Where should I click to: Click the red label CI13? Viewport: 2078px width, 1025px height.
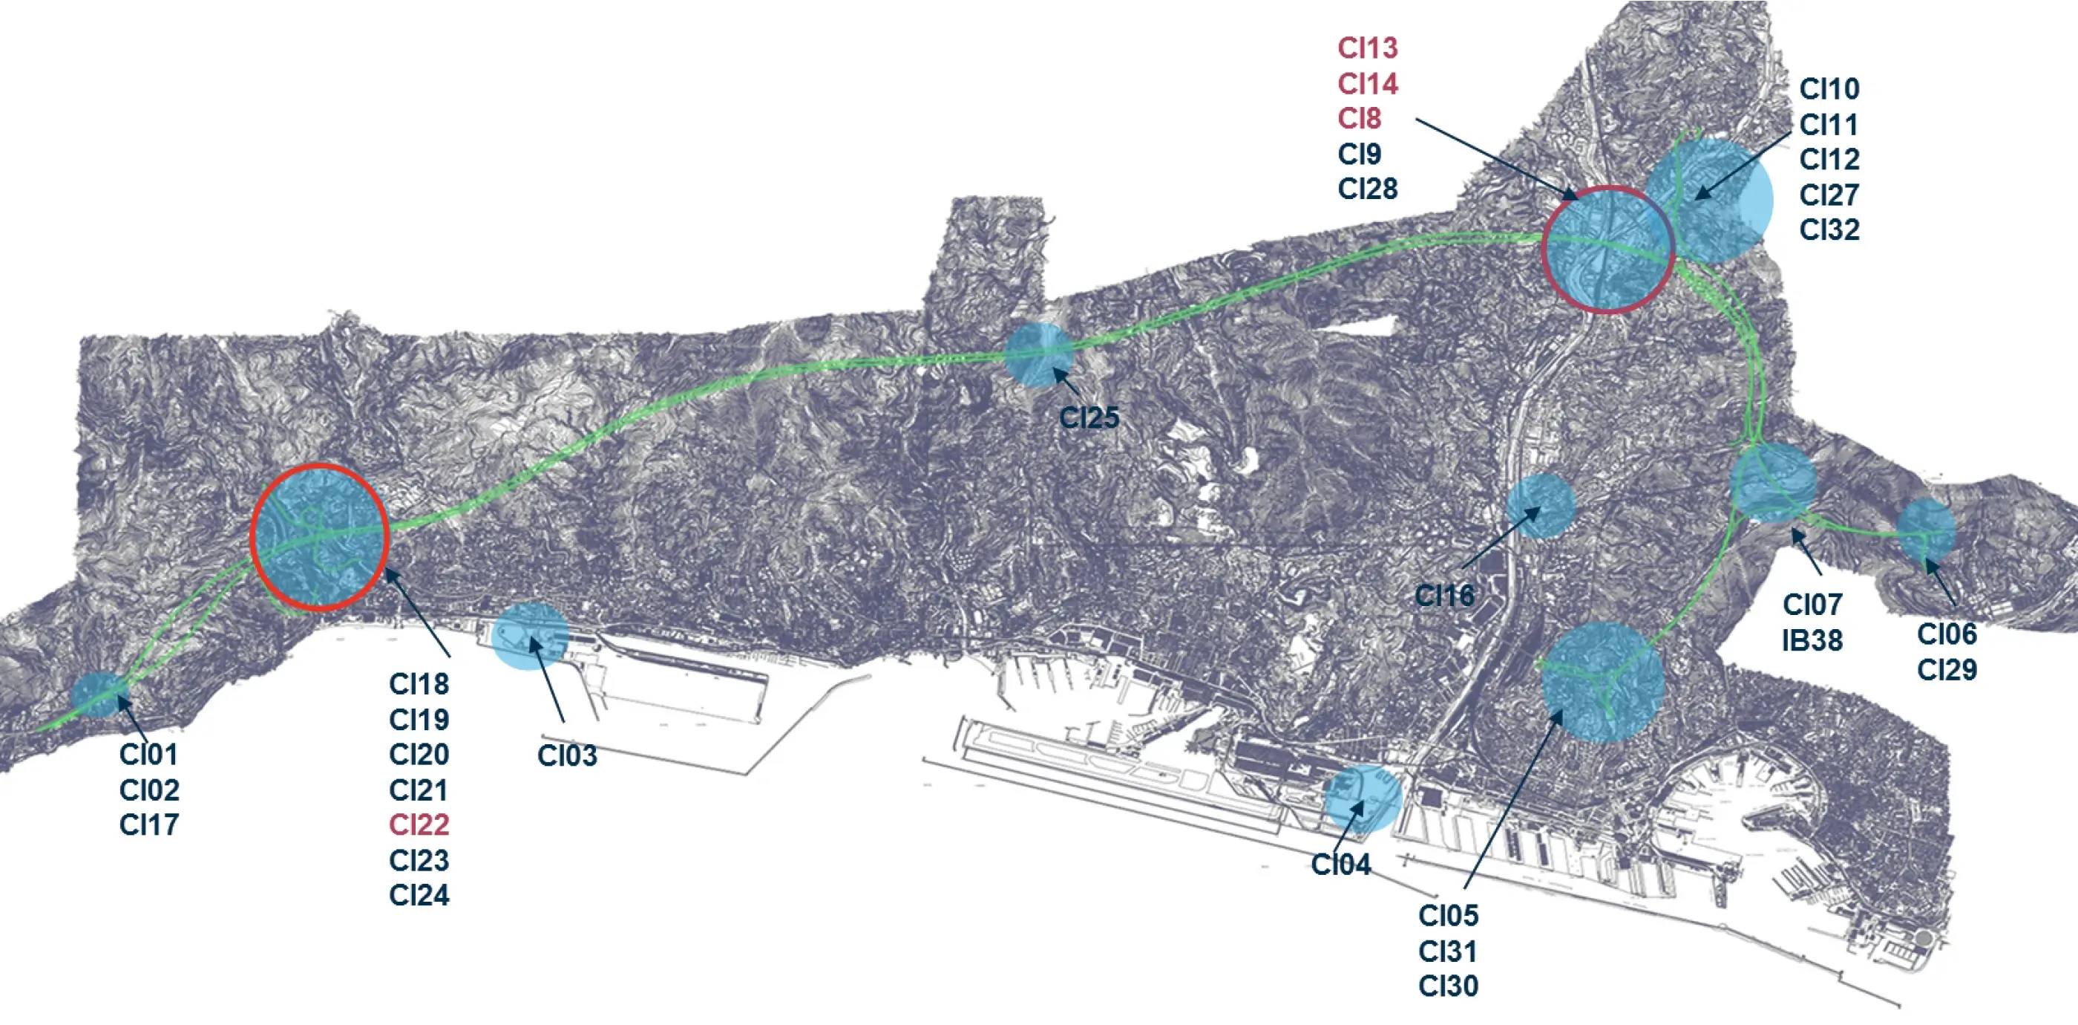pos(1367,48)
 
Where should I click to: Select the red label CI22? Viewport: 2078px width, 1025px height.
pos(419,825)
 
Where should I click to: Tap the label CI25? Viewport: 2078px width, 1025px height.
pos(1088,418)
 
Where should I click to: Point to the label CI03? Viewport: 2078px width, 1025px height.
pos(567,756)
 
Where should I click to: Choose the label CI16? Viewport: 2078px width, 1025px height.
pos(1444,596)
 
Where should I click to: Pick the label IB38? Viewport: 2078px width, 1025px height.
pos(1812,641)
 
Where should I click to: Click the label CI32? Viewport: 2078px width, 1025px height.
pos(1829,230)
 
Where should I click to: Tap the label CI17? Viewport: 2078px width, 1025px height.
pos(149,825)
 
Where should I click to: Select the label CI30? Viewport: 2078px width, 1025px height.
pos(1448,986)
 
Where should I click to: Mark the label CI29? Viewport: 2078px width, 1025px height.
pos(1947,670)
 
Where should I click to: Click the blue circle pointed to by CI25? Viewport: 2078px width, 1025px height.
pos(1039,354)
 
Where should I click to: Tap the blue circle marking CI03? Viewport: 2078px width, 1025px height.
pos(529,636)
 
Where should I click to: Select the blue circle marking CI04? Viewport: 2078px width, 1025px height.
pos(1363,799)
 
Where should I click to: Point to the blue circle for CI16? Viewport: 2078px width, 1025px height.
pos(1541,506)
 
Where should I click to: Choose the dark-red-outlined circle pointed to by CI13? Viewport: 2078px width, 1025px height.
pos(1607,250)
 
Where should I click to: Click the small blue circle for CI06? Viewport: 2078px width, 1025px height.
pos(1926,530)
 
